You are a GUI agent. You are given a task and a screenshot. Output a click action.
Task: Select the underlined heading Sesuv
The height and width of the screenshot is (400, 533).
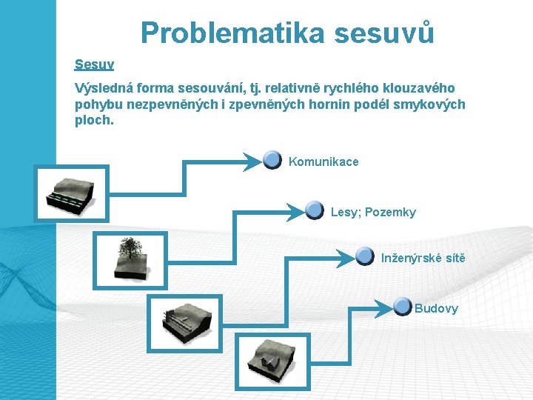pos(94,64)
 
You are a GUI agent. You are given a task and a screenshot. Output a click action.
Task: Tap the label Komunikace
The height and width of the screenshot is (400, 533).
pos(324,161)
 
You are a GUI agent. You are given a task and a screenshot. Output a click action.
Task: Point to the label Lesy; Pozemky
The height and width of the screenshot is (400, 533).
pos(373,213)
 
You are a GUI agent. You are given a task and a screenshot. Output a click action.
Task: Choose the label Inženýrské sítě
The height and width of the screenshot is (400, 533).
pos(423,258)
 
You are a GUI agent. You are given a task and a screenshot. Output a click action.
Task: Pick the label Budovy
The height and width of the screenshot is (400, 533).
pos(436,308)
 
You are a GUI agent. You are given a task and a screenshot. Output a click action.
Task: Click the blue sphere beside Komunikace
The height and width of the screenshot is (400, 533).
pos(272,159)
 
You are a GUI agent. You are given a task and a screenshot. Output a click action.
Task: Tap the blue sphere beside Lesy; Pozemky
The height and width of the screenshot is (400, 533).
pos(315,210)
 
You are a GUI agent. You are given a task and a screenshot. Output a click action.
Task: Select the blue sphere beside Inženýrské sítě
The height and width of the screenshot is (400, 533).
pos(364,256)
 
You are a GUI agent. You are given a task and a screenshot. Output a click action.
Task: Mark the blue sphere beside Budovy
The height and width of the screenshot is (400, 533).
pos(402,306)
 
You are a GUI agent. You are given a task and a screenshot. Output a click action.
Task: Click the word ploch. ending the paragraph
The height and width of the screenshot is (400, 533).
pos(95,119)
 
